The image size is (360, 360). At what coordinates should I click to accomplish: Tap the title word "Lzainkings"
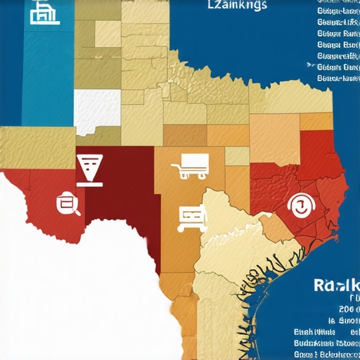click(x=238, y=6)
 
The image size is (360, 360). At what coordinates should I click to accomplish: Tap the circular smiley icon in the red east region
click(x=300, y=205)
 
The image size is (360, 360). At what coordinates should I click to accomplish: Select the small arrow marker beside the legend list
click(x=310, y=65)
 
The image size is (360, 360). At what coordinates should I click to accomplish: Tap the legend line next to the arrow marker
click(x=339, y=67)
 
